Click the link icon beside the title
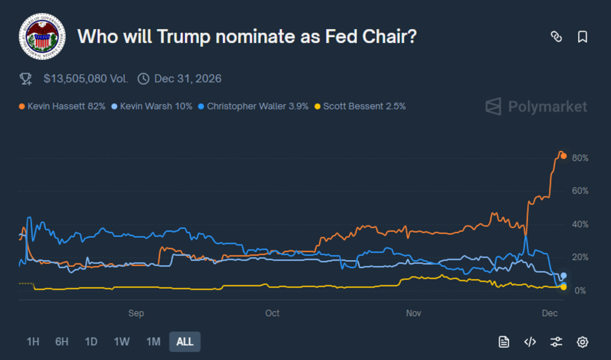click(x=557, y=37)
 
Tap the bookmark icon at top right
click(x=582, y=37)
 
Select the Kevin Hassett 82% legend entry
click(x=62, y=106)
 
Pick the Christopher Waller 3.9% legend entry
click(x=253, y=106)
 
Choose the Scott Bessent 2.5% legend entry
click(x=360, y=106)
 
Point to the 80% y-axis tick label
click(x=580, y=158)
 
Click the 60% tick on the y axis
click(x=580, y=191)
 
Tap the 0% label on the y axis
click(x=580, y=291)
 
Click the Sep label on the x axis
click(x=136, y=313)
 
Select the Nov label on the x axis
click(x=413, y=313)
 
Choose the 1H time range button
click(x=33, y=342)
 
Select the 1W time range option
click(x=122, y=342)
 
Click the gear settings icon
click(x=582, y=342)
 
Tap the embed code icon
click(x=530, y=342)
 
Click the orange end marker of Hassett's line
click(x=564, y=156)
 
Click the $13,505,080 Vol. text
click(x=86, y=79)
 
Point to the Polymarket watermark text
click(x=547, y=107)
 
